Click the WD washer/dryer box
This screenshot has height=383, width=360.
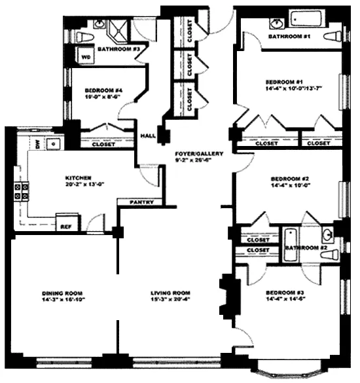click(86, 57)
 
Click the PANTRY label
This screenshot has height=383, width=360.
click(141, 202)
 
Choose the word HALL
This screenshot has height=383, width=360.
click(148, 136)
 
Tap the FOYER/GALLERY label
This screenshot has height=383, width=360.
click(200, 154)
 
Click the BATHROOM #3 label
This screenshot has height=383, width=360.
click(118, 49)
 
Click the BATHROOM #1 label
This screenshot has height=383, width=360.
click(288, 37)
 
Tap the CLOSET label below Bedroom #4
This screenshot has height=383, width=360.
click(103, 144)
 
